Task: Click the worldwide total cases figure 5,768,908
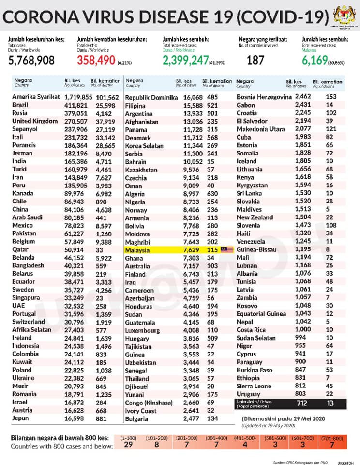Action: pos(31,61)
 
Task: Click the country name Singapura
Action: pos(29,297)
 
